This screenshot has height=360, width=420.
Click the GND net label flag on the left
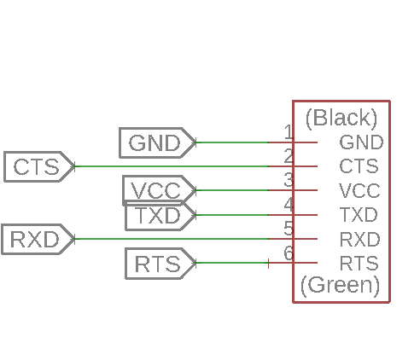(157, 142)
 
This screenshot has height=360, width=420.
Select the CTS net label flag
(39, 166)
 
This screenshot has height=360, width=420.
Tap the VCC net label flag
(159, 190)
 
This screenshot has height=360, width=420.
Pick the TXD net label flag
(160, 216)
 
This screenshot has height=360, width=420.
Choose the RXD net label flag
(38, 239)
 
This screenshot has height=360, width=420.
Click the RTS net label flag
(160, 264)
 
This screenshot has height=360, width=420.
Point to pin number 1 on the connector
(289, 132)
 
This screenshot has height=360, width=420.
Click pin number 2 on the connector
(289, 156)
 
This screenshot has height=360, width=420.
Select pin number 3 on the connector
(289, 180)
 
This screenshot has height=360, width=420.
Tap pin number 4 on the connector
(289, 205)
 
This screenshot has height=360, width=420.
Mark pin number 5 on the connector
(289, 229)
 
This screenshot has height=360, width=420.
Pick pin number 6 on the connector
(289, 253)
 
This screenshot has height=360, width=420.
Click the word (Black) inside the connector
(341, 118)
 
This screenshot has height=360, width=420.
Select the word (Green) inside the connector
(341, 285)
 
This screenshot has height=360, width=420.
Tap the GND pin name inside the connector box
(361, 142)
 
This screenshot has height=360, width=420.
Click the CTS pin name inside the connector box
(359, 166)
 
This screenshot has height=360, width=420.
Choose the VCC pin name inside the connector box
(359, 190)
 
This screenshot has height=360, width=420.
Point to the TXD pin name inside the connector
(359, 215)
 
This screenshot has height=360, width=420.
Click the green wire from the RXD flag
(172, 239)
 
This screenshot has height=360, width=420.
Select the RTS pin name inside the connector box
(359, 263)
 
